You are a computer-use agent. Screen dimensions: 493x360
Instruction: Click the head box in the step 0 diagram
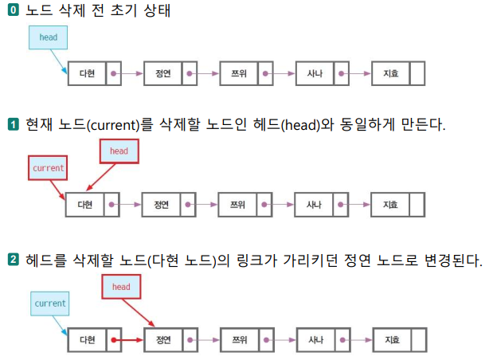click(48, 37)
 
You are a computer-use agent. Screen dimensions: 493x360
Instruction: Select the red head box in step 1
click(119, 151)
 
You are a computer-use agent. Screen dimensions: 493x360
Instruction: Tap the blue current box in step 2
click(50, 303)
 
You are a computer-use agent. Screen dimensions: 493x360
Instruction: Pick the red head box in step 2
click(121, 287)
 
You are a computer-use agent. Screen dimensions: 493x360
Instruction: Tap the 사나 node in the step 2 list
click(315, 340)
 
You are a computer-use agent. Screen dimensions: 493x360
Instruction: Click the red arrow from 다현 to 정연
click(128, 340)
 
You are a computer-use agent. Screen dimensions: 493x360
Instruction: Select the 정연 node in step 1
click(162, 205)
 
